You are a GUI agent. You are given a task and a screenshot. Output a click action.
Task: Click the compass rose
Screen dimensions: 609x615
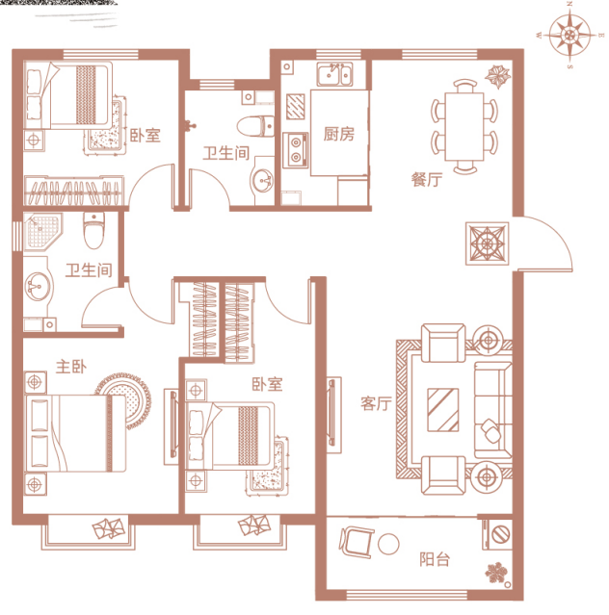pos(569,35)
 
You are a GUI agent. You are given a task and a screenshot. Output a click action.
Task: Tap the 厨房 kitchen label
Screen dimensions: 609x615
pos(339,134)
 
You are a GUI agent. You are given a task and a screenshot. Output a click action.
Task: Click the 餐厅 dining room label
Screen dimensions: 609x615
pos(427,179)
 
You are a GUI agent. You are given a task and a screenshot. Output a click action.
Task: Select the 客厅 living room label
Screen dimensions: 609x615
pos(376,403)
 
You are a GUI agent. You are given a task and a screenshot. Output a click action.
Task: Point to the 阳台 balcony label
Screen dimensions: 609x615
pos(435,559)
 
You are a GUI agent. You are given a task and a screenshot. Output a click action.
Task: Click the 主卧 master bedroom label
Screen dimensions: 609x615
pos(71,367)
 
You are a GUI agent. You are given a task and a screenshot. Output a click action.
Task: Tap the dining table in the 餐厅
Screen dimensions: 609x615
pos(464,126)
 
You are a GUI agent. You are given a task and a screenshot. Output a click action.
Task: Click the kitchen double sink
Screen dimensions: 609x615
pos(335,74)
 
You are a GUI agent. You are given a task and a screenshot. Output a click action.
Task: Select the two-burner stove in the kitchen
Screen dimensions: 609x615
pos(296,150)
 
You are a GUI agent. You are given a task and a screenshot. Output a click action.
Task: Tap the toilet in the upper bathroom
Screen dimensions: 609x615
pos(255,126)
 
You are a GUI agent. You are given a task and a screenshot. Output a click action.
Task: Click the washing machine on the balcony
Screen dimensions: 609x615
pos(497,534)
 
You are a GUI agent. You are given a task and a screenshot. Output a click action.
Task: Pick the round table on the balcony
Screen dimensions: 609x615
pos(388,544)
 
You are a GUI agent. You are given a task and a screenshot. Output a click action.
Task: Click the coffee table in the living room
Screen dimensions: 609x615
pos(443,410)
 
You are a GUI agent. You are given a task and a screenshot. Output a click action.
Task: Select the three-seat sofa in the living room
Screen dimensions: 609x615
pos(493,410)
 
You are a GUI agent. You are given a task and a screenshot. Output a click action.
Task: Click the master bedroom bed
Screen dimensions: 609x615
pos(75,433)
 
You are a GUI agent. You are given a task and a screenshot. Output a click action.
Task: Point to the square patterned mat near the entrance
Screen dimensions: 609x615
pos(488,243)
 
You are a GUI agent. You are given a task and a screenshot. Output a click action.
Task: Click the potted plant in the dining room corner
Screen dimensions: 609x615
pos(498,76)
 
